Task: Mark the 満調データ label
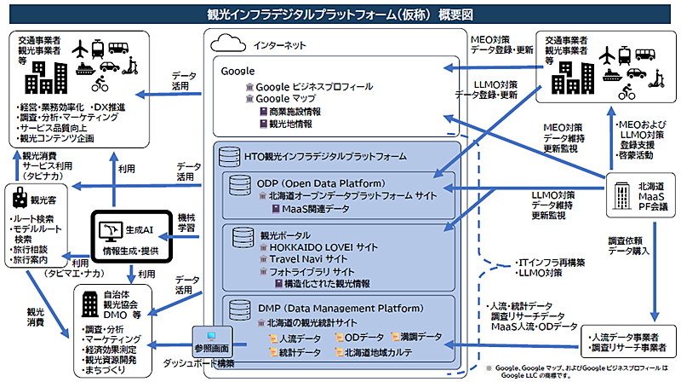[x=418, y=338]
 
